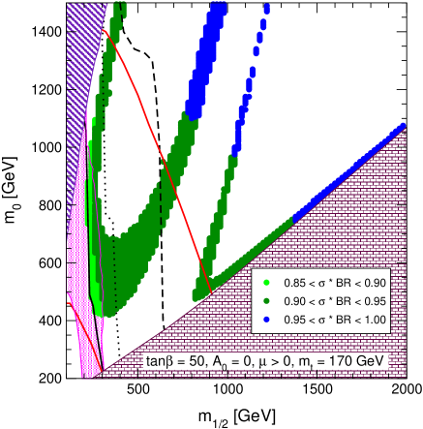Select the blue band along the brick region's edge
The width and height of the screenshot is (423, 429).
click(x=339, y=180)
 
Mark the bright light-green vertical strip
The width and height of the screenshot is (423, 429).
click(x=94, y=242)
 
